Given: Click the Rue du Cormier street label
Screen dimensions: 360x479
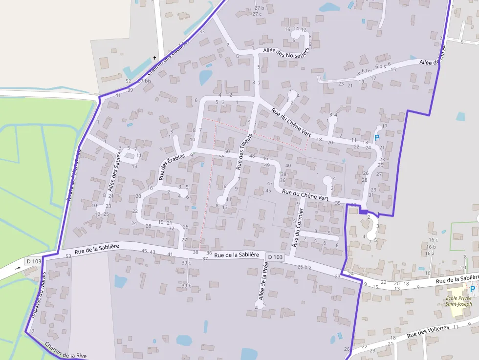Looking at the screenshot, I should [298, 227].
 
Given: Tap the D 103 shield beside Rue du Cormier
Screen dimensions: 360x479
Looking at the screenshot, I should [275, 257].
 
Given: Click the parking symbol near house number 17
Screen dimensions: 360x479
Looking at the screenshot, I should [377, 138].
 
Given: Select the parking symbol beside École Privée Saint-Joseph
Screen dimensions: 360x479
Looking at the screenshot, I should [473, 289].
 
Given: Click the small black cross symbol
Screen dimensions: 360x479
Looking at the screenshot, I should [155, 58].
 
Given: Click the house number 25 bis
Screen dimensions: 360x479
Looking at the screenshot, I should [304, 267].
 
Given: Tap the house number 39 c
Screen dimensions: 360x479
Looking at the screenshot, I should [186, 263].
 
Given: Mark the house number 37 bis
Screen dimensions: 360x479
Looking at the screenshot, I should [145, 81].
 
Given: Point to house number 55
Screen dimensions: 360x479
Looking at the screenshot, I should [221, 157].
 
